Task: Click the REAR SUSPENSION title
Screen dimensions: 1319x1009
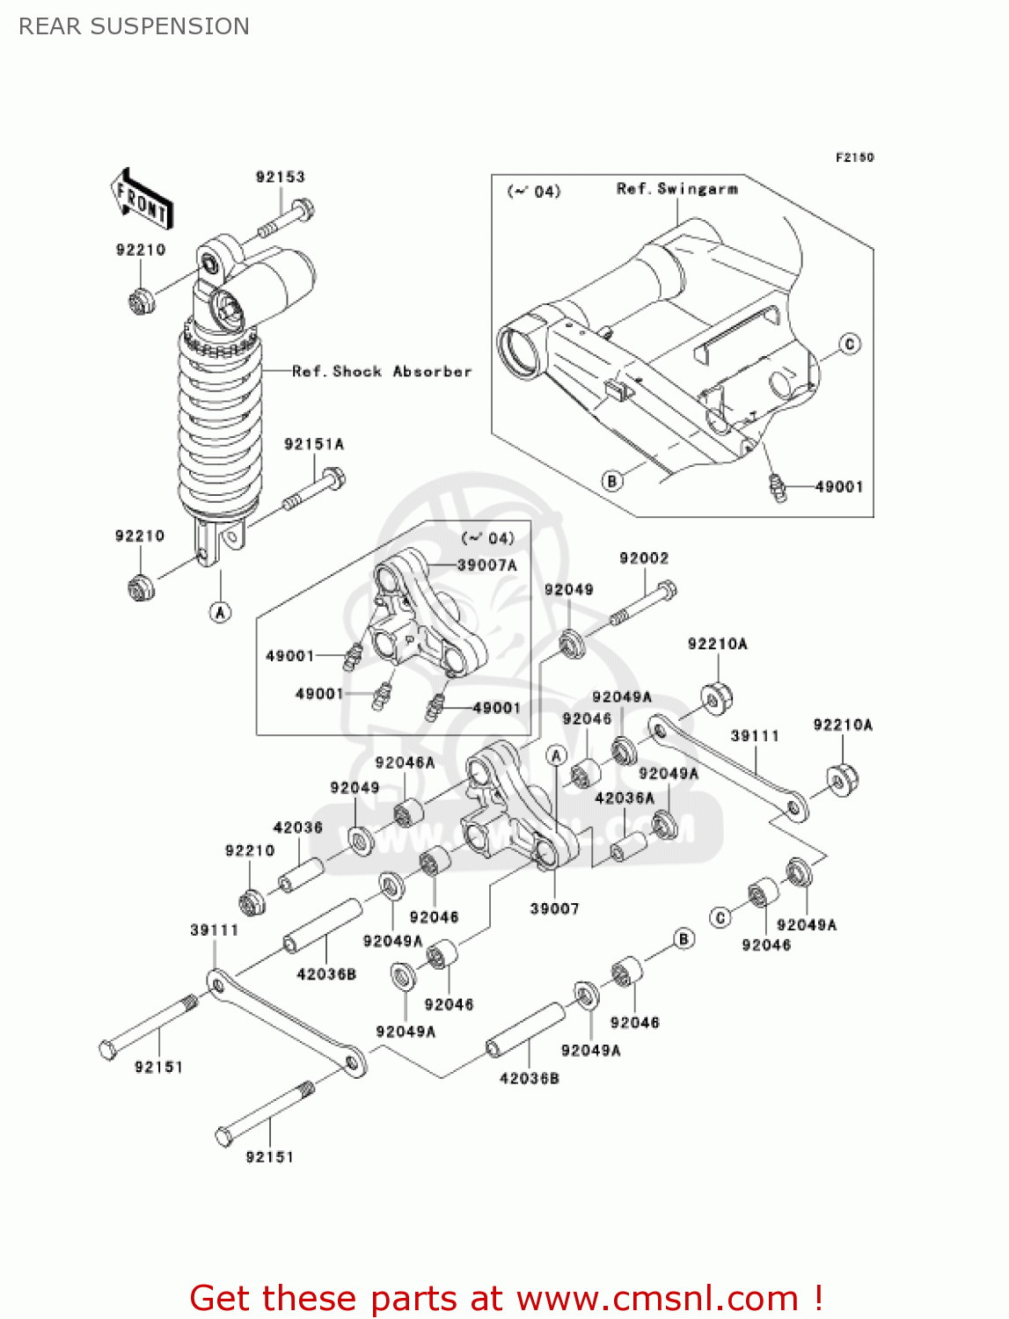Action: pos(134,26)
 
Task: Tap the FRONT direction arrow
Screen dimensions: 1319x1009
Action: pos(142,200)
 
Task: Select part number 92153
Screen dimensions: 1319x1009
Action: pos(280,177)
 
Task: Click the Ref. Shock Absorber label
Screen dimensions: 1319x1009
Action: pos(382,372)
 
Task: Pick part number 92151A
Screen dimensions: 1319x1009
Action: pos(313,444)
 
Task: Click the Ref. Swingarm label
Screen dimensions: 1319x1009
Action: pos(676,189)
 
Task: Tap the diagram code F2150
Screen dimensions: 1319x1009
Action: pos(854,157)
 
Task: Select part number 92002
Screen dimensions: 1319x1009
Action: pos(643,558)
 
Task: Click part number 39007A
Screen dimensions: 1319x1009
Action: pos(486,565)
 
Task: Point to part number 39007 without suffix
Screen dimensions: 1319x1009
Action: pos(554,908)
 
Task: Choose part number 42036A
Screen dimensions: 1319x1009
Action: pos(625,798)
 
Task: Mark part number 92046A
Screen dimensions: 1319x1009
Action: pos(405,762)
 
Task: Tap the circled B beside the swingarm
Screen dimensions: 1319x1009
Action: pos(612,481)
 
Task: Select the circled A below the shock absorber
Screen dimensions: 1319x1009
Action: pos(220,612)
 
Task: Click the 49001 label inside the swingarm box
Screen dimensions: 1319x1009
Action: pos(838,487)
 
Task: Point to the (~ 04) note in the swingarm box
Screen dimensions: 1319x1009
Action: pos(533,192)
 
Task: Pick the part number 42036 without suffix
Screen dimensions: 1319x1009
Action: pos(297,827)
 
